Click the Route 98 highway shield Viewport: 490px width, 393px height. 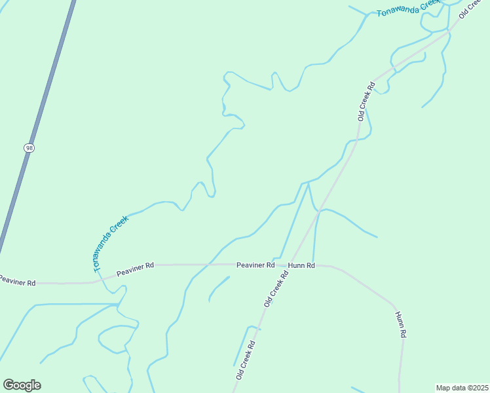(29, 148)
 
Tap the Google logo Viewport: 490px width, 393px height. (22, 385)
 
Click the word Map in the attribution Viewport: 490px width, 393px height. (443, 388)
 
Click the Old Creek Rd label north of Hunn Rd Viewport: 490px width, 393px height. (366, 101)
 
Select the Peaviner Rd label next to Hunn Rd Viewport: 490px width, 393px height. (255, 265)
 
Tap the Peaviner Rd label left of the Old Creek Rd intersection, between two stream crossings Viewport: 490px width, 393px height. (135, 269)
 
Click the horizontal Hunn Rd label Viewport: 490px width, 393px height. (301, 265)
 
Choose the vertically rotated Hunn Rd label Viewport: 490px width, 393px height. (401, 324)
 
